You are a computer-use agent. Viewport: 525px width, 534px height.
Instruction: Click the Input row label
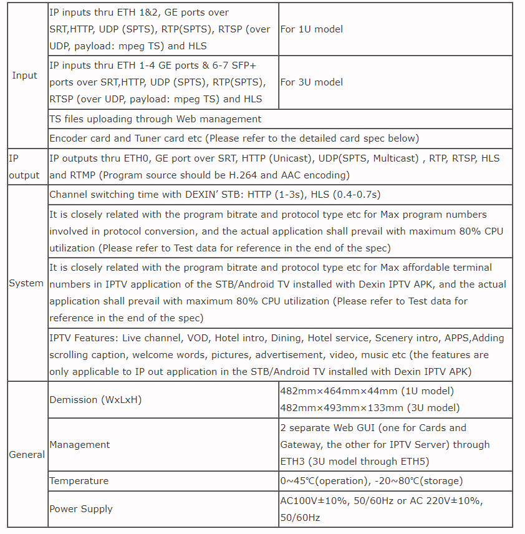click(x=25, y=75)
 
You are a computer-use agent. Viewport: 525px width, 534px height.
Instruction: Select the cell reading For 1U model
click(x=311, y=29)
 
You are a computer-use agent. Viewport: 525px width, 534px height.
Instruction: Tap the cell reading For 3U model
click(x=311, y=82)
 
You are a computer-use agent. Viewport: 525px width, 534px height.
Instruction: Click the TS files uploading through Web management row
click(x=156, y=119)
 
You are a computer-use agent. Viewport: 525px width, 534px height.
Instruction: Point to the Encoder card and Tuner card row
click(x=234, y=138)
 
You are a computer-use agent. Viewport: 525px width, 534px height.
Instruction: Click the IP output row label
click(x=24, y=167)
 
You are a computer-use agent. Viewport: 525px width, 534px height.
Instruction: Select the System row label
click(x=26, y=283)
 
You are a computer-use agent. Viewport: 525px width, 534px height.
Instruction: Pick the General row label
click(x=27, y=455)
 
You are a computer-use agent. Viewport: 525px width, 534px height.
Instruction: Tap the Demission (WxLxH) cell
click(x=95, y=400)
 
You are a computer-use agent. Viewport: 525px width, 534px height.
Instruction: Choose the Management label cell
click(x=80, y=445)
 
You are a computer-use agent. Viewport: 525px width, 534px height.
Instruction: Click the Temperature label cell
click(x=79, y=481)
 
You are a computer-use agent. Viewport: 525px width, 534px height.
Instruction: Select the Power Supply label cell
click(x=81, y=509)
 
